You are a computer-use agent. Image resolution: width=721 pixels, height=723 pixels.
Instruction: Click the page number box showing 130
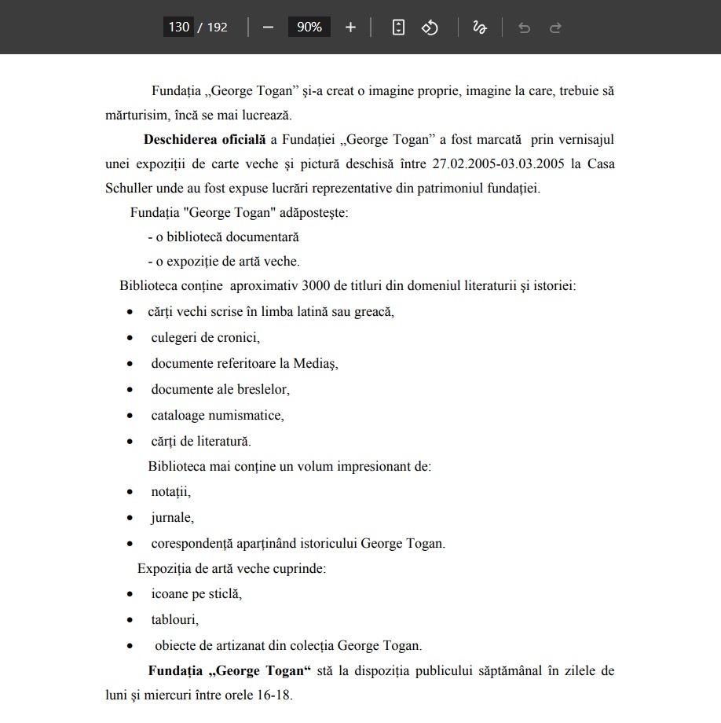(x=179, y=28)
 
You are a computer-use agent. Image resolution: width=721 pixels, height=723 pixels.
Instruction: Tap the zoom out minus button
(x=269, y=28)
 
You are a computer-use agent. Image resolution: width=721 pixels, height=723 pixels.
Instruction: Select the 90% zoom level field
(x=309, y=28)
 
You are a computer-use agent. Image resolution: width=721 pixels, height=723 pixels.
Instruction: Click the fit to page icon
(x=398, y=28)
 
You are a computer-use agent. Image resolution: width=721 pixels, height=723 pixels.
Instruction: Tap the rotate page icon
(x=430, y=28)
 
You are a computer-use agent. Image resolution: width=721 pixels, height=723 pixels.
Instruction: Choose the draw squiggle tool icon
(x=480, y=28)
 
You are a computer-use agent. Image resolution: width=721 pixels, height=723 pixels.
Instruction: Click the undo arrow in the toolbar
(x=524, y=28)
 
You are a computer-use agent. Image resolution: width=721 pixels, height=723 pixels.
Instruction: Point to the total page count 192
(x=218, y=28)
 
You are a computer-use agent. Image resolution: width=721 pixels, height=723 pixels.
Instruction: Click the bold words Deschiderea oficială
(x=205, y=141)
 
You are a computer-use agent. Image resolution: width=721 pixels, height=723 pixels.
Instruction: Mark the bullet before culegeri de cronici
(x=130, y=338)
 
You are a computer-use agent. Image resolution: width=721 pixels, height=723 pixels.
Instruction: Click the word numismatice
(x=246, y=415)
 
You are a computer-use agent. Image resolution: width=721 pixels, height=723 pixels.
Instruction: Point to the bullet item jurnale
(x=172, y=518)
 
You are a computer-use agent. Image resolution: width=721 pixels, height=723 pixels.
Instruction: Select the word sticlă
(x=224, y=594)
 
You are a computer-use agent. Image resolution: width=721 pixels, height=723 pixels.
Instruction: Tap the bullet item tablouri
(x=174, y=620)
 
